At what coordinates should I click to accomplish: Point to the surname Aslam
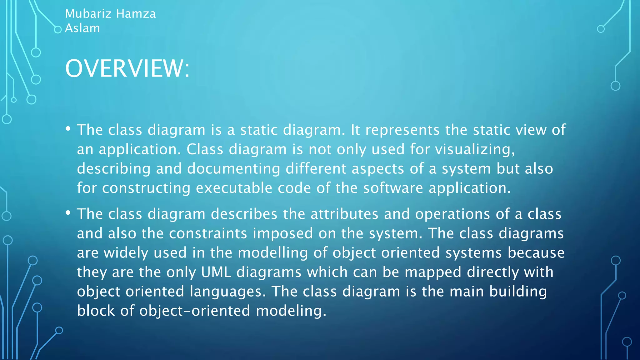coord(82,28)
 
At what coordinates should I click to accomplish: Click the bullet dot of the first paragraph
coord(68,129)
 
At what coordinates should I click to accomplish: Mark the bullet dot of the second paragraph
coord(68,213)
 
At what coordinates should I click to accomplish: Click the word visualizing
coord(475,149)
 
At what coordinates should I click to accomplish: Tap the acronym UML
coord(216,272)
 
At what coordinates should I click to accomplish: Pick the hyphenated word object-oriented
coord(195,311)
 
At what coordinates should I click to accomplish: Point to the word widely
coord(126,253)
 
